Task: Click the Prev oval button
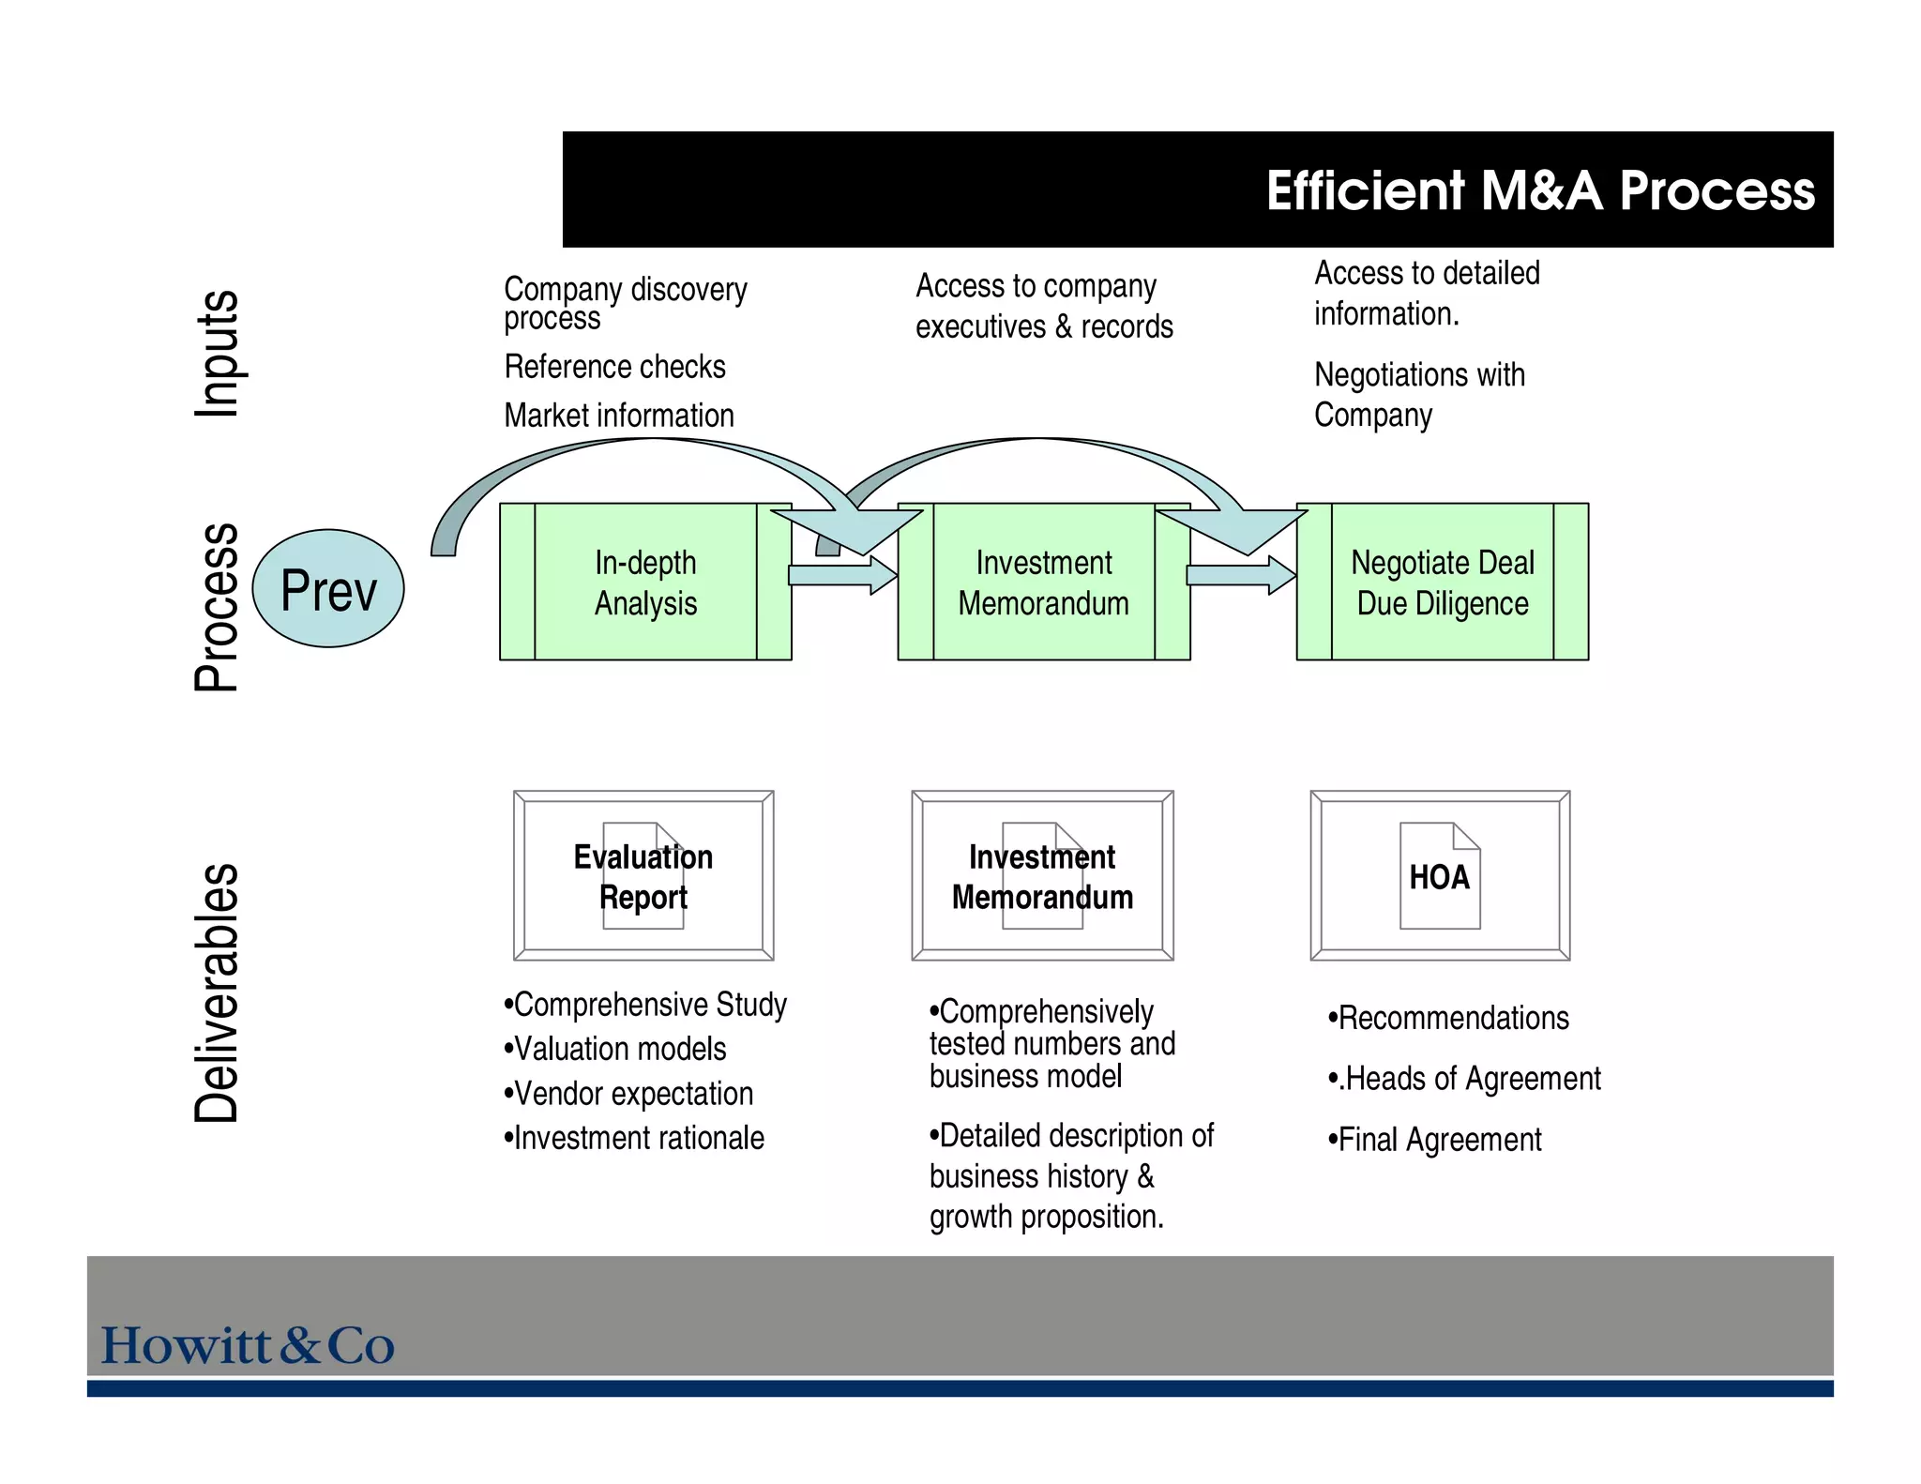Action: pyautogui.click(x=328, y=589)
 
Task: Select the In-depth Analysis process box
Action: pyautogui.click(x=645, y=583)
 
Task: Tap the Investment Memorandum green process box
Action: pyautogui.click(x=1043, y=583)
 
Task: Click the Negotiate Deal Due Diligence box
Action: pyautogui.click(x=1442, y=583)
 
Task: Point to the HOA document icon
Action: pyautogui.click(x=1440, y=876)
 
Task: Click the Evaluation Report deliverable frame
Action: pyautogui.click(x=643, y=876)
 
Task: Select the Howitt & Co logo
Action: pyautogui.click(x=248, y=1346)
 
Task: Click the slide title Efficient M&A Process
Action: pyautogui.click(x=1539, y=190)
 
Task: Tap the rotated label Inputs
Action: pyautogui.click(x=217, y=354)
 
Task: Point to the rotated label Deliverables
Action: pyautogui.click(x=217, y=992)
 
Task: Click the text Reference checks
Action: pyautogui.click(x=614, y=367)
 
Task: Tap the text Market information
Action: pyautogui.click(x=619, y=416)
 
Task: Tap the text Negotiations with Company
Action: pyautogui.click(x=1418, y=395)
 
